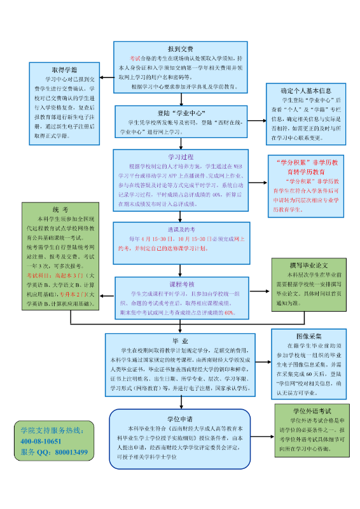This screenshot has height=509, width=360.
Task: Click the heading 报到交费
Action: (180, 48)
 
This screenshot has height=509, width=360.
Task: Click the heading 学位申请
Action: (180, 401)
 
